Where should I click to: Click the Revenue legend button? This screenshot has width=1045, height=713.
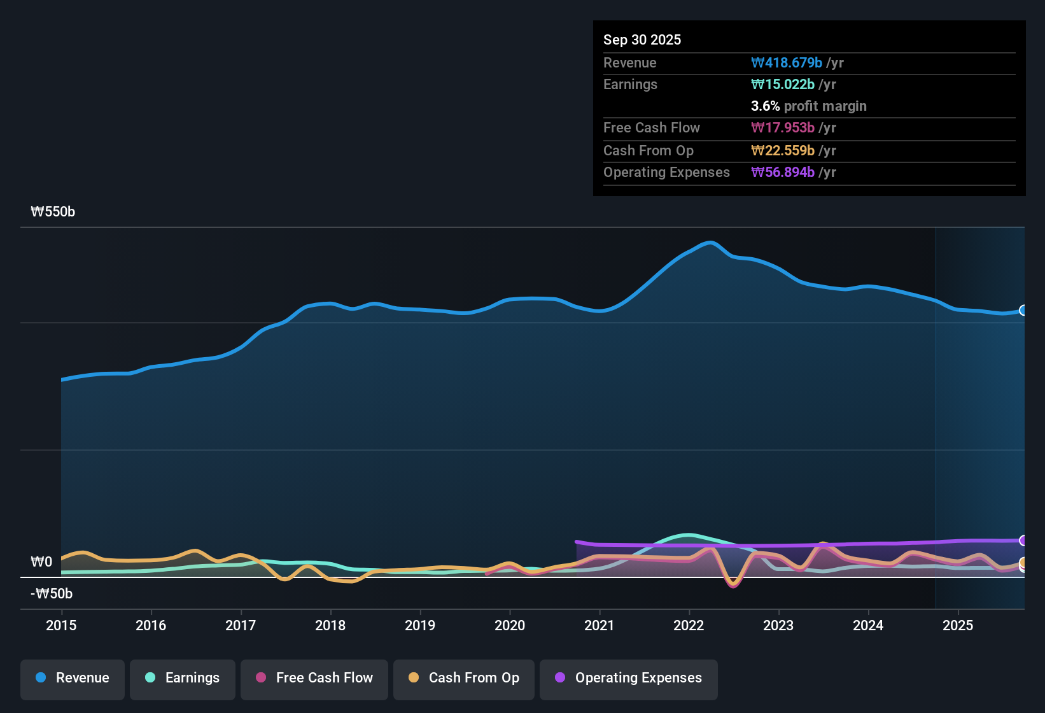[73, 678]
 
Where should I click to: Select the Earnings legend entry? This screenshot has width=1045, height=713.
[183, 678]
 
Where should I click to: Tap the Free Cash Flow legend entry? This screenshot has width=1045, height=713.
[314, 678]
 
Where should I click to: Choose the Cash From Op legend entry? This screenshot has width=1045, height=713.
[464, 678]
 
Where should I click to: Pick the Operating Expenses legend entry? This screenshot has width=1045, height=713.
[629, 678]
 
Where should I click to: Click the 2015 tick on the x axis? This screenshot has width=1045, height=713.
[61, 625]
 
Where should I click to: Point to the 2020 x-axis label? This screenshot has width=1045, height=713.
[510, 625]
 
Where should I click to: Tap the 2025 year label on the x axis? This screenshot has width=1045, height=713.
[958, 625]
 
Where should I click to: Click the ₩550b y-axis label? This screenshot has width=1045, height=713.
[53, 212]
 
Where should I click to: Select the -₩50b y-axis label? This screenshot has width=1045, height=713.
[52, 594]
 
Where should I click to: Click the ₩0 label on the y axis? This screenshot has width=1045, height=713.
[41, 562]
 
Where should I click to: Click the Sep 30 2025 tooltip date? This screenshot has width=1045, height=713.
[642, 39]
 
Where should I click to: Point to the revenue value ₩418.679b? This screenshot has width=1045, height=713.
[787, 63]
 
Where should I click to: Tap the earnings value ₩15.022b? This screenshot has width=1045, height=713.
[783, 85]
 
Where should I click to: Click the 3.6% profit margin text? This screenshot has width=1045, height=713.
[808, 106]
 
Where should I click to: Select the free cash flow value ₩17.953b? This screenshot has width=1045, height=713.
[783, 128]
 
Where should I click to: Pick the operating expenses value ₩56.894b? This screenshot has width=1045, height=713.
[783, 173]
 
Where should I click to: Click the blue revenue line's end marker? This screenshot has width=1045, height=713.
[1023, 311]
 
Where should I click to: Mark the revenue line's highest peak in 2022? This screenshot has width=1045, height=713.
[710, 243]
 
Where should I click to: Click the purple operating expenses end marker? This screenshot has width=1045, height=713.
[1023, 540]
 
